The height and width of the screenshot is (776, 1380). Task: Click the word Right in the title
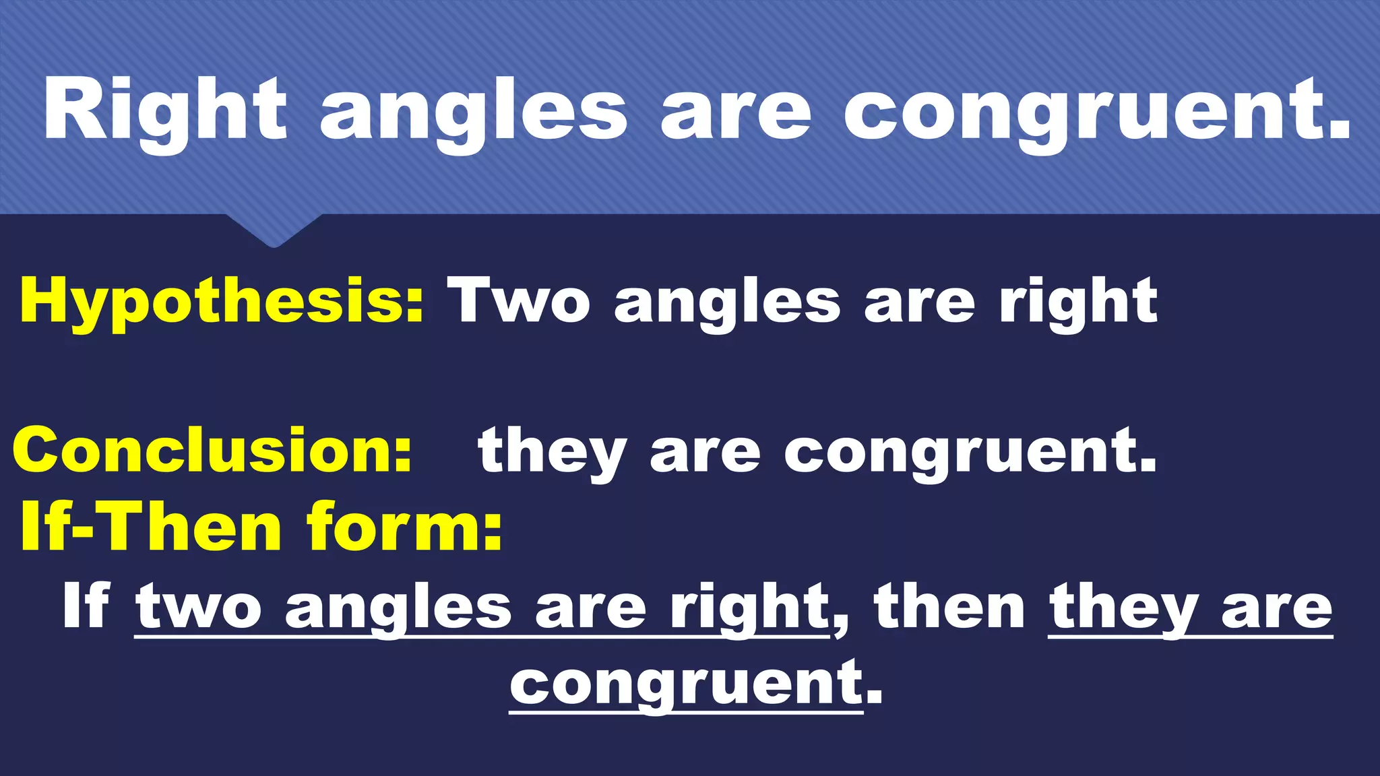tap(165, 111)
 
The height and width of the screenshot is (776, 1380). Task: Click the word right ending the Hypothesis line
tap(1078, 303)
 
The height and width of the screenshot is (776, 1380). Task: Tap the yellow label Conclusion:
tap(212, 450)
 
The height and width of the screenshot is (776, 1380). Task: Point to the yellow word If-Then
tap(150, 527)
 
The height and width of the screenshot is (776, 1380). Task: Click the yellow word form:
tap(404, 527)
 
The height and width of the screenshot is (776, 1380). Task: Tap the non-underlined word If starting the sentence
tap(86, 606)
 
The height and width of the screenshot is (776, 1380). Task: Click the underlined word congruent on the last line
tap(686, 684)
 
